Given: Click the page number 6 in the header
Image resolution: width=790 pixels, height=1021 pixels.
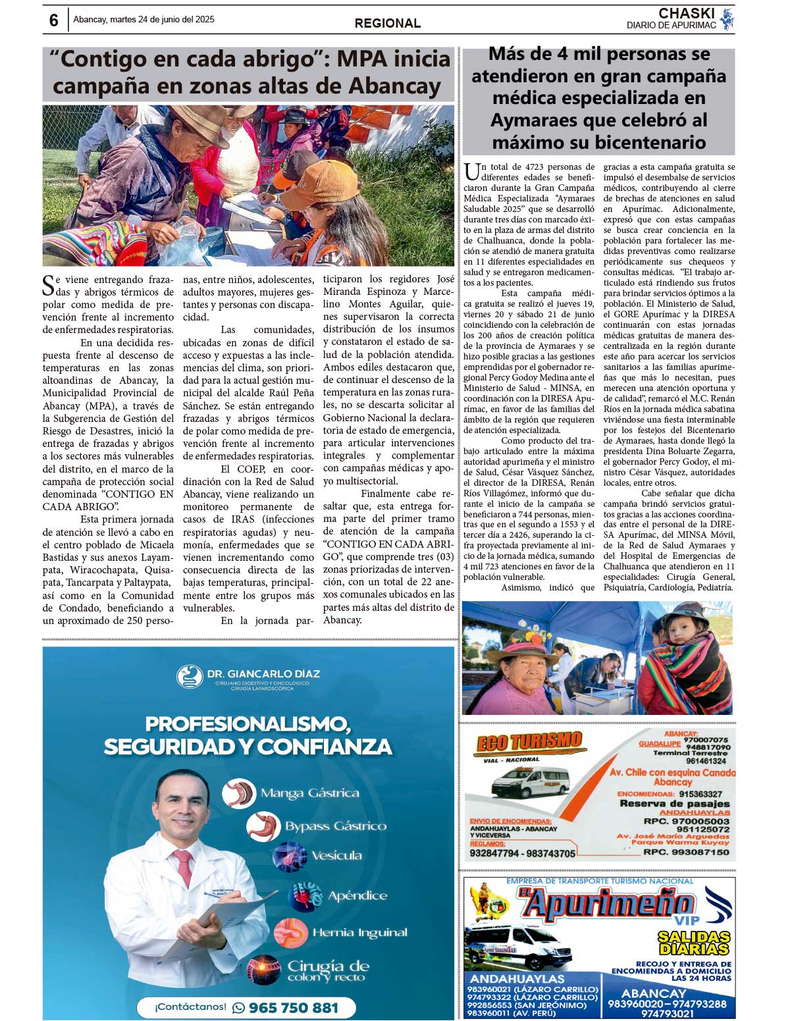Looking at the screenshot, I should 53,20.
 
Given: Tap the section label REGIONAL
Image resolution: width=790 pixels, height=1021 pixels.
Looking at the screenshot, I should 387,23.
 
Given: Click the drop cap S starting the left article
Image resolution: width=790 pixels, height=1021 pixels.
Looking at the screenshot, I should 48,285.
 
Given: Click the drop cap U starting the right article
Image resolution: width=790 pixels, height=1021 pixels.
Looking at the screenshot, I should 471,172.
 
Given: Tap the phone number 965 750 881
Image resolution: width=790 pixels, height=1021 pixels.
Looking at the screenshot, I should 294,1007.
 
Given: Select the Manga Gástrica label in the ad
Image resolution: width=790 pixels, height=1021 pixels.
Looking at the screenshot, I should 309,793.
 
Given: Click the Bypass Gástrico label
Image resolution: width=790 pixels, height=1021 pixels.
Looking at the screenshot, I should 335,826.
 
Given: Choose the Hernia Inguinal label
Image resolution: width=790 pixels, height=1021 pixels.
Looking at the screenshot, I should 359,932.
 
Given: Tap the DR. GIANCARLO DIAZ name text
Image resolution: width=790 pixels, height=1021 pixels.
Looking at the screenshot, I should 263,674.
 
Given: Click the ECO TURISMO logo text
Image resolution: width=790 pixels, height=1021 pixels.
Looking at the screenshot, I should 529,742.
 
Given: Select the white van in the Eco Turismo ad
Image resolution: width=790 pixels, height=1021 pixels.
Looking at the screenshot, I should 530,782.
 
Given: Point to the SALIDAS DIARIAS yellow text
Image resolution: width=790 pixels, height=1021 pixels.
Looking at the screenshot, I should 694,942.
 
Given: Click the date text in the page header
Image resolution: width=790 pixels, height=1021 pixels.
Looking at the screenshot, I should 144,20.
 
